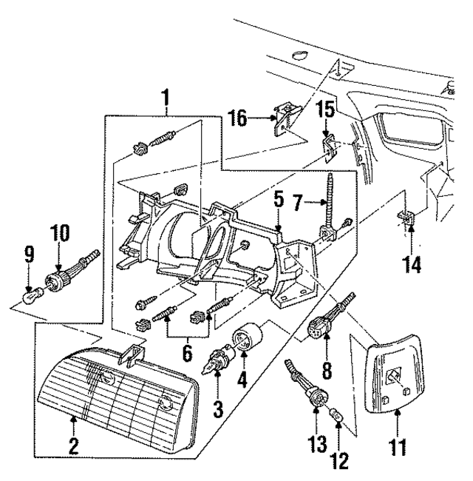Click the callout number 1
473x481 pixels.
coord(166,98)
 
